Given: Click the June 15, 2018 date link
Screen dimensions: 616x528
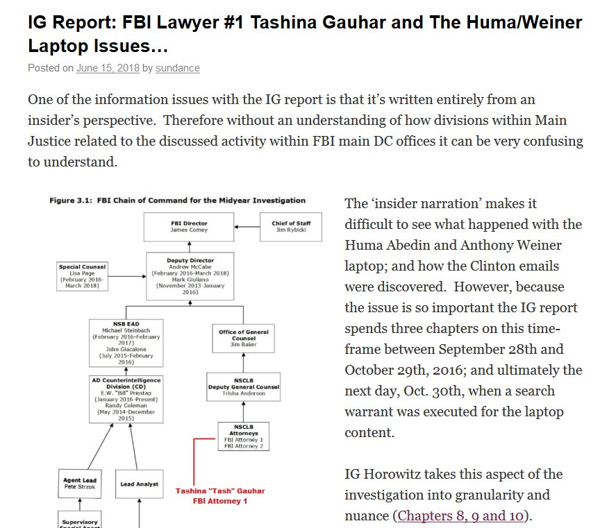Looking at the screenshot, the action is click(x=108, y=68).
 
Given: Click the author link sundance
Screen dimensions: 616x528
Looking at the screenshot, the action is click(x=177, y=68).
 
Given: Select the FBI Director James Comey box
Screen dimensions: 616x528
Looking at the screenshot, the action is click(x=189, y=227).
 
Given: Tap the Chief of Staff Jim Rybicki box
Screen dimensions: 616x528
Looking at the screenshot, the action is click(x=290, y=227).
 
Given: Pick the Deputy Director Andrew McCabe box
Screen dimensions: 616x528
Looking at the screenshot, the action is click(x=189, y=276).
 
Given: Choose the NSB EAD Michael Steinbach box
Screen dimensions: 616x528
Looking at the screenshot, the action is click(x=126, y=343).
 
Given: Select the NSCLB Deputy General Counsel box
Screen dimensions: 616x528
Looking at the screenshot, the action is click(x=243, y=386).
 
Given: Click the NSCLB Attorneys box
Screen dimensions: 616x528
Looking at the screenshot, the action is click(x=243, y=436).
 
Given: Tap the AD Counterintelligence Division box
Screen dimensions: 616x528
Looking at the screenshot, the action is click(x=126, y=399).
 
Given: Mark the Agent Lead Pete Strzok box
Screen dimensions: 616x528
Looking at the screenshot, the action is click(x=80, y=484).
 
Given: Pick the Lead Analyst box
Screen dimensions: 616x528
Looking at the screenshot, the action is click(x=140, y=484).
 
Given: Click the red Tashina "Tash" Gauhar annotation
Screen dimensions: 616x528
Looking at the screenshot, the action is click(x=220, y=495).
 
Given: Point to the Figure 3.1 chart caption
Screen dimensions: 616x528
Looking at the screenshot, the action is click(x=177, y=201).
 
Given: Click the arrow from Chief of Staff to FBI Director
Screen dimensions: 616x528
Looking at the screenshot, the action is click(x=247, y=227).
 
